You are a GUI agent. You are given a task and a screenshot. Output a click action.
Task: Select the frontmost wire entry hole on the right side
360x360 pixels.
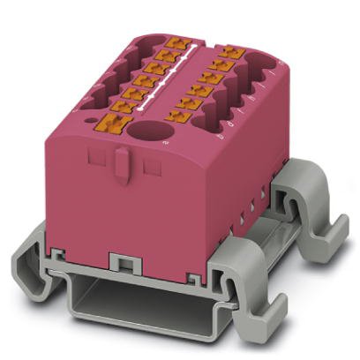[x=212, y=132]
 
